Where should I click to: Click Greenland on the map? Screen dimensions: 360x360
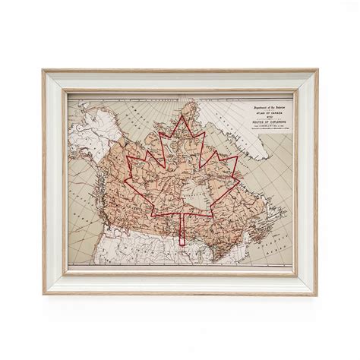[x=251, y=141]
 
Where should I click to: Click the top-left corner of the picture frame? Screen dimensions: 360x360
[x=44, y=71]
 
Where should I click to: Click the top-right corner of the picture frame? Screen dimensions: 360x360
[x=317, y=71]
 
